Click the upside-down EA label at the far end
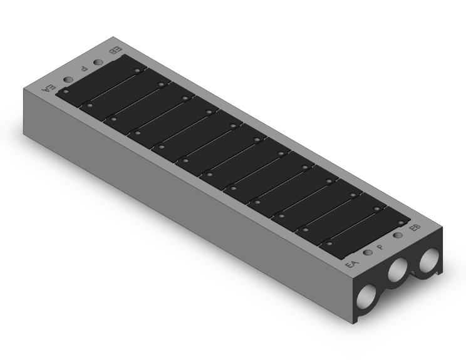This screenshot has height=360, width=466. [49, 88]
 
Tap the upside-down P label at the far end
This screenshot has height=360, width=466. [84, 69]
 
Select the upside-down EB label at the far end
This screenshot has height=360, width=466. [116, 51]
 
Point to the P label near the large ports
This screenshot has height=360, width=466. [380, 247]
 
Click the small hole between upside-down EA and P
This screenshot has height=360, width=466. [68, 80]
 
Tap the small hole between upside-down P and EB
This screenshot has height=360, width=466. [98, 63]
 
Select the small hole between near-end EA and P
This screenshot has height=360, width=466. [368, 253]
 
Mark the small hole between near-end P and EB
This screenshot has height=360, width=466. [398, 235]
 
